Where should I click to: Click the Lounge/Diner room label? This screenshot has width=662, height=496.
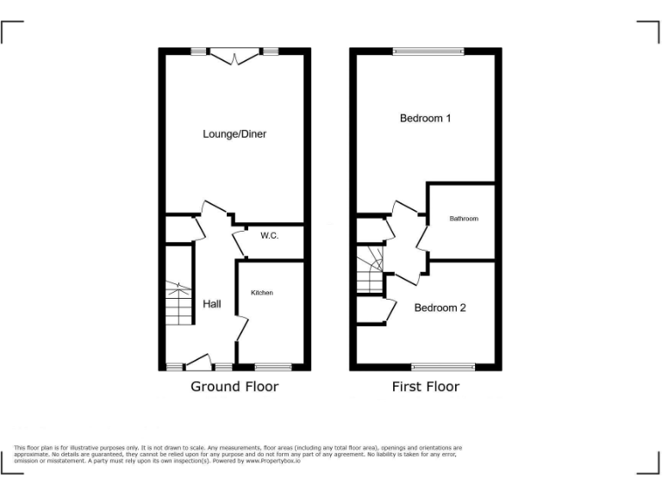point(234,134)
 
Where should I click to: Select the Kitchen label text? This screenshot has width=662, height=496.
point(262,293)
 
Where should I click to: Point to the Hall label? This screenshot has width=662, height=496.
point(212,304)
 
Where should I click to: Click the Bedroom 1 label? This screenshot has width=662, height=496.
point(425,118)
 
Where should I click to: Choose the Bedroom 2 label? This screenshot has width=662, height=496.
point(440,307)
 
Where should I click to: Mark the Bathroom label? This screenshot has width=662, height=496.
point(463,219)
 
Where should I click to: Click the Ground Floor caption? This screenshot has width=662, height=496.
point(234,387)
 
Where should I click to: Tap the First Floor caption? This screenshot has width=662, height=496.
point(426,387)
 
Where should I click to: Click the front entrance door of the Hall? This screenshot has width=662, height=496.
point(197,362)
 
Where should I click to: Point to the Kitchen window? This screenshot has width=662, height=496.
point(274,367)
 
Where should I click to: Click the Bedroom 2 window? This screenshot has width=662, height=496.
point(443,367)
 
